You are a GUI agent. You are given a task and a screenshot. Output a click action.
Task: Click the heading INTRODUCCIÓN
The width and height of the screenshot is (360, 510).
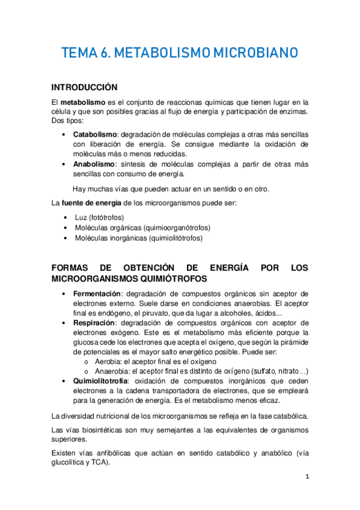(84, 87)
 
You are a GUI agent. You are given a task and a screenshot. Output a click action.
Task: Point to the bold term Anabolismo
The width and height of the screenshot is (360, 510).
(94, 164)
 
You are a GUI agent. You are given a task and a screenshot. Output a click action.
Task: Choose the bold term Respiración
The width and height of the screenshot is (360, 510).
(95, 322)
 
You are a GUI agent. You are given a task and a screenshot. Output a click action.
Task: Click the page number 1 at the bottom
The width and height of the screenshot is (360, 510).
(307, 476)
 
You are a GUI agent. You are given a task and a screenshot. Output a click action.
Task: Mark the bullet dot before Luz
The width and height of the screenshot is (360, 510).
(65, 217)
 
